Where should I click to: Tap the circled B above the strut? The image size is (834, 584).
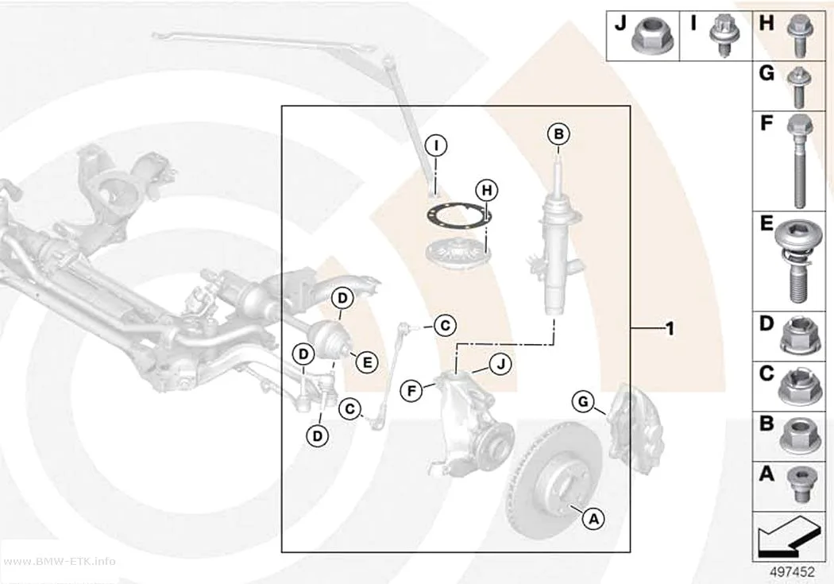point(558,134)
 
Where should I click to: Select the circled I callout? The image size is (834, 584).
point(436,145)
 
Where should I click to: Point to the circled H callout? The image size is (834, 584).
point(487,190)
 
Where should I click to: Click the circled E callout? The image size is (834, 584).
point(366,363)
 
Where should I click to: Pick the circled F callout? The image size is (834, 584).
point(411,391)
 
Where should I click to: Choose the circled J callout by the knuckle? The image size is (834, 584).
point(500,365)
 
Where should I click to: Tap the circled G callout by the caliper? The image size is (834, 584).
point(583,401)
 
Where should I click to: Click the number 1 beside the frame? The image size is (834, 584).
point(670,329)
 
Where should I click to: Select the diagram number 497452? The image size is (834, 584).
point(792,572)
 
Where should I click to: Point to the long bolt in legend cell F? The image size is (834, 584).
point(799,161)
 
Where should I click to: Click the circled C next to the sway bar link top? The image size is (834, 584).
point(445,324)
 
